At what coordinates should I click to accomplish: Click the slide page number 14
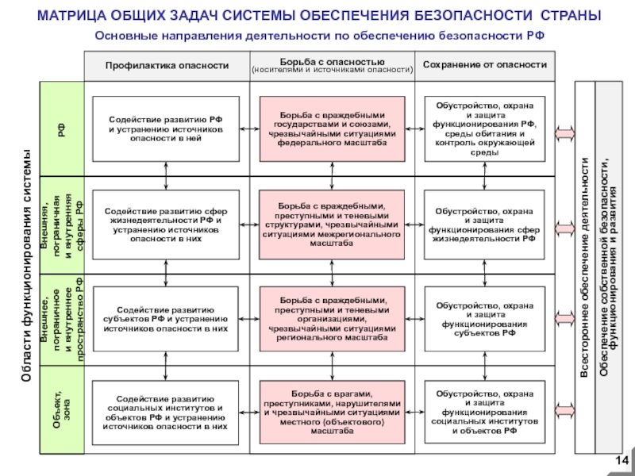(622, 463)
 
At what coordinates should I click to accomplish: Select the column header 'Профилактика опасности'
(167, 64)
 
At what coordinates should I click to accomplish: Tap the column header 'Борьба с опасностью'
(332, 64)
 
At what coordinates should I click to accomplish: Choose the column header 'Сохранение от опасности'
(484, 64)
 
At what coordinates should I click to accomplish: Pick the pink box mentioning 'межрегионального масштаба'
(332, 225)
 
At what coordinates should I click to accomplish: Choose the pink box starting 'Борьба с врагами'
(332, 413)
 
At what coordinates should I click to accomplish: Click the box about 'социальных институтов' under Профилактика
(166, 413)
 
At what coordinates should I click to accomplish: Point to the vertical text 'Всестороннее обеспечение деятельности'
(586, 266)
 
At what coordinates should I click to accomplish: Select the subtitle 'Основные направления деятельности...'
(319, 36)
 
